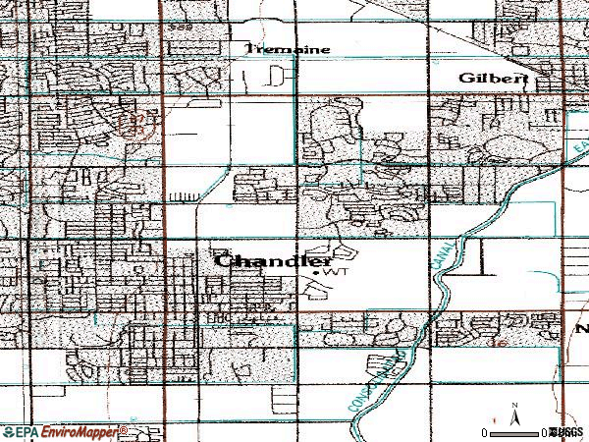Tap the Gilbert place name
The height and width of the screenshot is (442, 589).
494,78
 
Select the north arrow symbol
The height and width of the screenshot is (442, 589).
514,418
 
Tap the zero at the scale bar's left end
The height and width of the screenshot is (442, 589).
484,433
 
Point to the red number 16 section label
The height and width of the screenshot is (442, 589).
500,344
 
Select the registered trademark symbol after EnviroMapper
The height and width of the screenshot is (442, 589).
123,428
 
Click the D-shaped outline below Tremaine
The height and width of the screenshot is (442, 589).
283,74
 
